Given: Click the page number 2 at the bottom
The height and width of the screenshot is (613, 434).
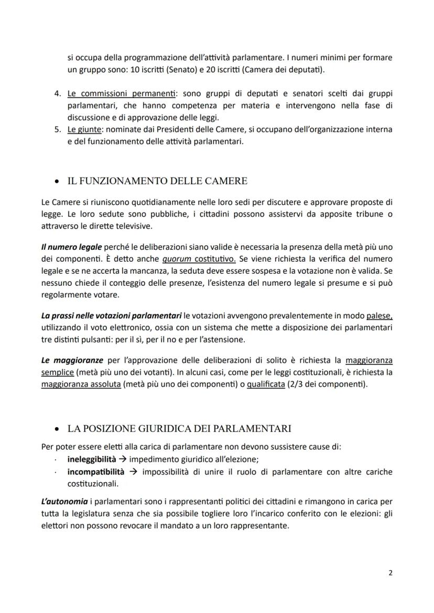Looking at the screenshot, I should click(390, 573).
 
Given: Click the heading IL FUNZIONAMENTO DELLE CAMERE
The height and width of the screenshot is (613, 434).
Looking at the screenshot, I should click(157, 181).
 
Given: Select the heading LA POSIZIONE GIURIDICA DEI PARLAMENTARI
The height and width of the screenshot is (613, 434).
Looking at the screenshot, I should click(179, 429).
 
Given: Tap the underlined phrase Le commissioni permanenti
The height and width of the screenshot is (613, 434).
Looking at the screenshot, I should click(121, 94).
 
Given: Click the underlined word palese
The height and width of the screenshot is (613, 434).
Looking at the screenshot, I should click(379, 316).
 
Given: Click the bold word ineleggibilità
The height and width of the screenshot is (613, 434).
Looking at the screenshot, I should click(92, 459).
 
